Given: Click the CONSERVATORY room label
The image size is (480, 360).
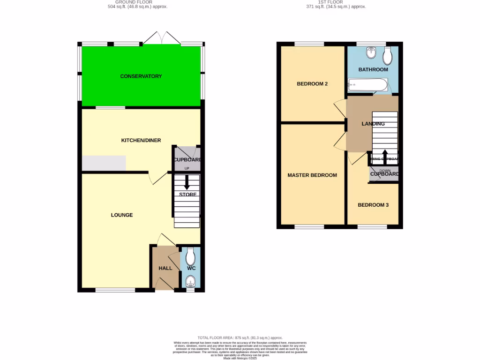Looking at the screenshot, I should click(x=141, y=76).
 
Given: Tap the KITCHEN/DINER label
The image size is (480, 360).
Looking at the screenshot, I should click(x=141, y=140).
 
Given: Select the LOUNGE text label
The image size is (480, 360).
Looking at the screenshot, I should click(x=122, y=215).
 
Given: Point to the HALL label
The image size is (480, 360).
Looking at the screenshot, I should click(x=165, y=268).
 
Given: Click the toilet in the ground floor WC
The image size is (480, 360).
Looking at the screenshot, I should click(x=190, y=256).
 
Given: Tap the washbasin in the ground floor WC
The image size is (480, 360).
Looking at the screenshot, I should click(x=190, y=281).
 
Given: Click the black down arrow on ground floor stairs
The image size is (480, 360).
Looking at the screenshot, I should click(x=187, y=182).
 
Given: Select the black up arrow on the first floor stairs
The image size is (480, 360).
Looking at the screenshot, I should click(x=385, y=155).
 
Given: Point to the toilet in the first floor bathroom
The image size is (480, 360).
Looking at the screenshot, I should click(x=388, y=57).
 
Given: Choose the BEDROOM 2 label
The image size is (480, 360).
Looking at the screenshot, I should click(x=312, y=84).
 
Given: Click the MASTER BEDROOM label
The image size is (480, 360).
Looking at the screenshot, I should click(x=312, y=175).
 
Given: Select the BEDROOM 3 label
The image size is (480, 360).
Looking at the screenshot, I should click(x=373, y=205).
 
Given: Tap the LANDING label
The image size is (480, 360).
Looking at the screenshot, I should click(x=373, y=124).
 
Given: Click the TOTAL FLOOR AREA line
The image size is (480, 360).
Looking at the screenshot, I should click(x=240, y=337).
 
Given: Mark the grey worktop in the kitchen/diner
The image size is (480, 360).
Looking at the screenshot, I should click(x=104, y=163).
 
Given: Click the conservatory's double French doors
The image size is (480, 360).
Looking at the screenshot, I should click(x=162, y=38).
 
